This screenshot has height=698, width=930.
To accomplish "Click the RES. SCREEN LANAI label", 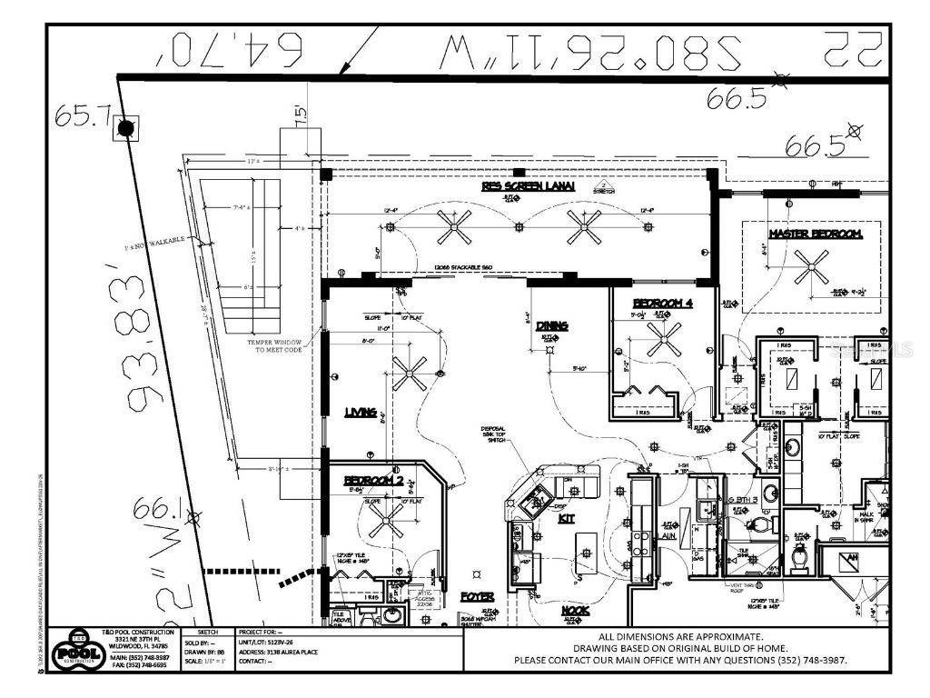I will point(529,186).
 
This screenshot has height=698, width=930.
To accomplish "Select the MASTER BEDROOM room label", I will point(815,234).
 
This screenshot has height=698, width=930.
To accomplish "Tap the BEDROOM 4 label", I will point(663,303).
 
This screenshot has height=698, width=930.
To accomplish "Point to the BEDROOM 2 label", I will point(373,480).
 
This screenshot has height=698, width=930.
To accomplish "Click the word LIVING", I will point(361,413).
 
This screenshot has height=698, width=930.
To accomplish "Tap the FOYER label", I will point(477,597).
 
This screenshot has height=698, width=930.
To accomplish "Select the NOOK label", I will point(574,612).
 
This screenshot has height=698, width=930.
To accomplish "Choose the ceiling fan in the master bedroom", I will point(811,266).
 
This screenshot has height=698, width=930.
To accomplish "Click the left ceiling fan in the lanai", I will point(453,226).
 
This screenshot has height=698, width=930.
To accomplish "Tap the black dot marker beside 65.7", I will point(125,128).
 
